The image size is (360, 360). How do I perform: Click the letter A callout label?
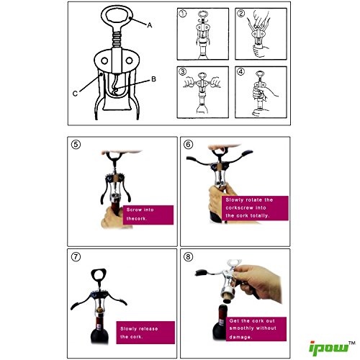coord(150,25)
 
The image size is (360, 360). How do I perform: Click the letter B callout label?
coord(153,79)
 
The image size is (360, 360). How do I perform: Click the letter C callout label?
coord(75,94)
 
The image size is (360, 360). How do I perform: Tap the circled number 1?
coord(183,14)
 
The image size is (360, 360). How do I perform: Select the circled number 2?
coord(241,14)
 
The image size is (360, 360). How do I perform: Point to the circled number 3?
coord(183,71)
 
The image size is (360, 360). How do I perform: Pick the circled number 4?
coord(241,71)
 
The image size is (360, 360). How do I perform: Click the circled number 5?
coord(76,145)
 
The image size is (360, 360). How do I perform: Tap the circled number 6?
coord(188,144)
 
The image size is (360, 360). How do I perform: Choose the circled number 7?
coord(76,257)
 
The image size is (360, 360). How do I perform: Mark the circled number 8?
coord(188,257)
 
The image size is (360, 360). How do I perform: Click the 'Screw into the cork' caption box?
coord(148,215)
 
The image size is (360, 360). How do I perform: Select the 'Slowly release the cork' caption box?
coord(145,333)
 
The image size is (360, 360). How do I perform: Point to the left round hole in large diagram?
coord(104,60)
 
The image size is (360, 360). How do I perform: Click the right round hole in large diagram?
coord(129,60)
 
